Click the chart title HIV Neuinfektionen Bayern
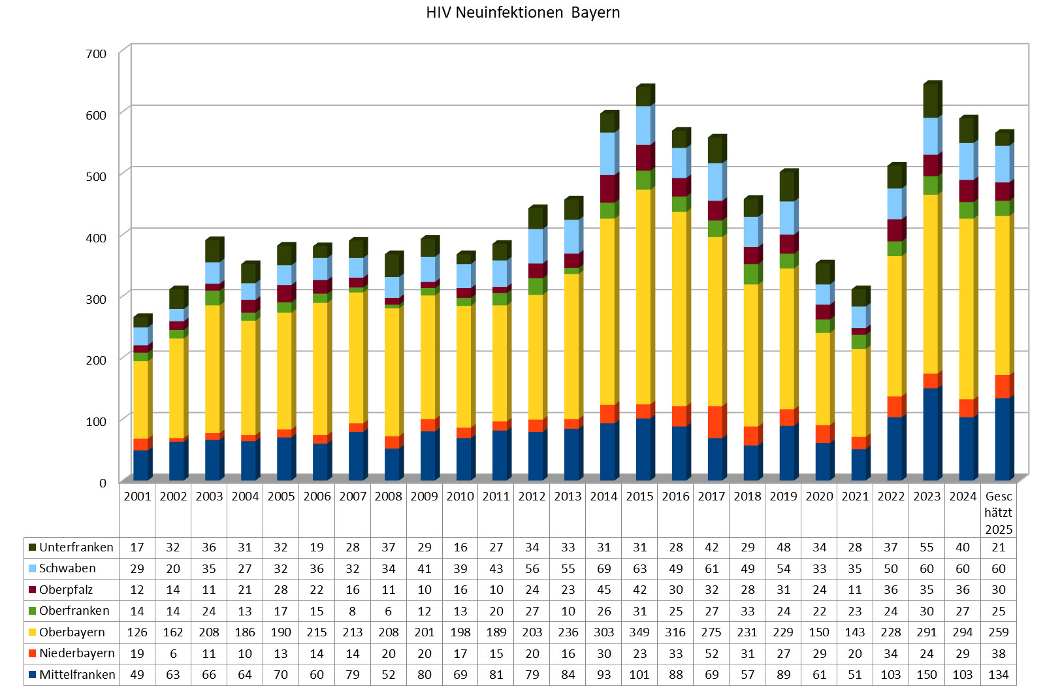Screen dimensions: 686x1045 click(x=522, y=12)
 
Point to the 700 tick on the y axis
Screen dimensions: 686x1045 click(x=95, y=54)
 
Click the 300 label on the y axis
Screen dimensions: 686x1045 click(x=95, y=299)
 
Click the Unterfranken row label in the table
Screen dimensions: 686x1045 click(x=76, y=547)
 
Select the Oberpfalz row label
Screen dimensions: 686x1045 click(x=65, y=590)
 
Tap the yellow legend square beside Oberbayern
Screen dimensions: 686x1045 click(x=32, y=632)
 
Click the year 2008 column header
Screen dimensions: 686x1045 click(x=388, y=497)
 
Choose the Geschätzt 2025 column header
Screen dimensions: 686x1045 click(x=998, y=513)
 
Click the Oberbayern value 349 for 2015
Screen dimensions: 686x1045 click(x=639, y=632)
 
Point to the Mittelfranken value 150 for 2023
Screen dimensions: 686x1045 click(x=926, y=675)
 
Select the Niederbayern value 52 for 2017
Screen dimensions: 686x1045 click(x=711, y=653)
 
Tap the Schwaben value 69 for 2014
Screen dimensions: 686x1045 click(x=603, y=569)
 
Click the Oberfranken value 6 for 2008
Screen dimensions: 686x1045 click(x=388, y=611)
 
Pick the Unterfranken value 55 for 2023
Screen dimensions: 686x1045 click(x=926, y=547)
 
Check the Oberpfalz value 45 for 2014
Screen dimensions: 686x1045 click(x=603, y=590)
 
